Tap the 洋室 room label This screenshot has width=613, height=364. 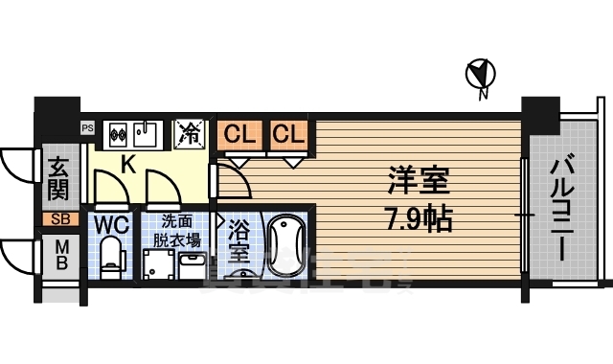point(420,180)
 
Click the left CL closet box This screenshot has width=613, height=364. point(239,135)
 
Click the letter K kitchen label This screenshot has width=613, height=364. point(126,164)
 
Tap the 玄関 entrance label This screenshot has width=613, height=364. point(58,179)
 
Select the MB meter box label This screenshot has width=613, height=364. point(58,256)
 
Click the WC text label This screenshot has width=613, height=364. point(112,226)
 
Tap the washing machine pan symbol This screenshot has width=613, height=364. point(160,264)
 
